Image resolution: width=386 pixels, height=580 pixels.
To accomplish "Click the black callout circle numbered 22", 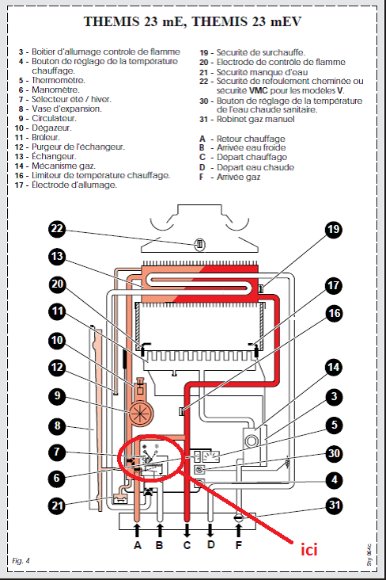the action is coord(57,229).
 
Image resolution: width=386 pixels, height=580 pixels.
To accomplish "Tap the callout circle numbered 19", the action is coord(334,229).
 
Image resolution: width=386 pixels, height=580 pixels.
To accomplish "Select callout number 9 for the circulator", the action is coord(57,396).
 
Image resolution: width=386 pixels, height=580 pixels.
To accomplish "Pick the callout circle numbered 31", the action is coord(335,506).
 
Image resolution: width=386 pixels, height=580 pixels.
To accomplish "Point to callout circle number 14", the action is coord(334,368).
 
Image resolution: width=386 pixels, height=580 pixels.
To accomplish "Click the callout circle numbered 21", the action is coord(57,506).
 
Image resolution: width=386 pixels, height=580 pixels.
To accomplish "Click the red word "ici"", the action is coord(309,550).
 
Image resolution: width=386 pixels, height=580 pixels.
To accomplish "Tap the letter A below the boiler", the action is coord(138,545).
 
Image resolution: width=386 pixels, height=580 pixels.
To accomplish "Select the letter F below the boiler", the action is coord(239,545).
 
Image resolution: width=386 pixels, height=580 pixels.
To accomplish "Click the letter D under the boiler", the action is coord(210,544).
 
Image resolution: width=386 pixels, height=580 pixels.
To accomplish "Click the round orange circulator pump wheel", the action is coord(140,412).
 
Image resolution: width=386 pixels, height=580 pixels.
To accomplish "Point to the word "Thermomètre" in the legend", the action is coord(58,80).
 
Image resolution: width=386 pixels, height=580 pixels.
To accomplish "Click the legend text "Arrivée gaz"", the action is coord(238,177).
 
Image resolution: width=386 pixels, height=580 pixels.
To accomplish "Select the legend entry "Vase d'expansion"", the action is coord(66,109).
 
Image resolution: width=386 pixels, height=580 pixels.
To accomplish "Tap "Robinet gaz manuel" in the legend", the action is coord(255,119).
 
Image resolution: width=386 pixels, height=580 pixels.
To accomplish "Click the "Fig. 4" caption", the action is coord(21,561).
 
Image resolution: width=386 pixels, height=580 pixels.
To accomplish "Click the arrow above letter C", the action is coord(187,530).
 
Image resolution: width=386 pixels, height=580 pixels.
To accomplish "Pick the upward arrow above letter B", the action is coord(160,530).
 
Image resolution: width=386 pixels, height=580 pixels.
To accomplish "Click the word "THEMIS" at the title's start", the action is coord(112,21).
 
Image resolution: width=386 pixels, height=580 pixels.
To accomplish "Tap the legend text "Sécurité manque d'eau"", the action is coord(262,72).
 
